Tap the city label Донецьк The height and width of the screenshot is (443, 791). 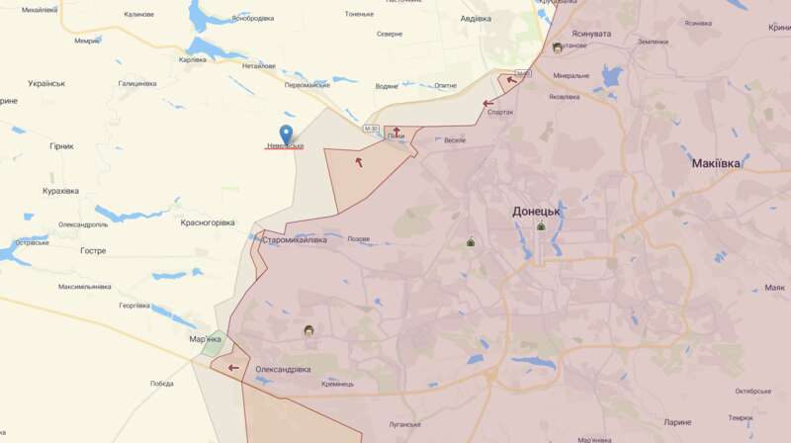tap(537, 211)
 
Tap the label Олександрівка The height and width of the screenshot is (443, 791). tap(283, 369)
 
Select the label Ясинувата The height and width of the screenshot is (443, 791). tap(590, 33)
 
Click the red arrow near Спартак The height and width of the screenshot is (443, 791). tap(488, 103)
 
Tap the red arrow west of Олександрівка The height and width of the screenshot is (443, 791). tap(233, 368)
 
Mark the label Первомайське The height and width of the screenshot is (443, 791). tap(307, 85)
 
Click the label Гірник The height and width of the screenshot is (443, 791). tap(61, 146)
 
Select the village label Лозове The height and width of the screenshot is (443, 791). tap(358, 239)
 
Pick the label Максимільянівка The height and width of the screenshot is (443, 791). tap(85, 287)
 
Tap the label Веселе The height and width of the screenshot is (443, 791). tap(454, 140)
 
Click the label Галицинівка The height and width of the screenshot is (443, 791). tap(137, 83)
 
